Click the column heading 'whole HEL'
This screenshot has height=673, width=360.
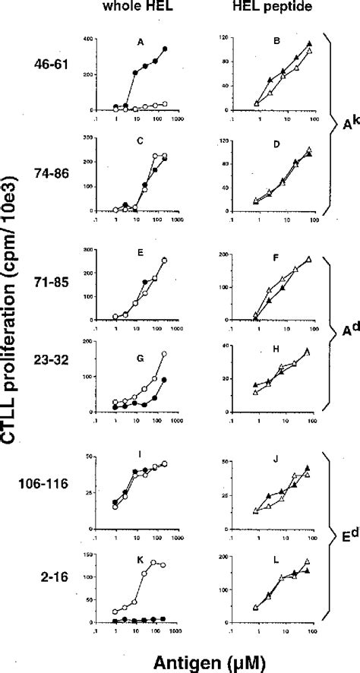pyautogui.click(x=138, y=11)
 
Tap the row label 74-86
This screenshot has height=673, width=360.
pyautogui.click(x=59, y=174)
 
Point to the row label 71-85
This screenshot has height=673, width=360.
pyautogui.click(x=59, y=289)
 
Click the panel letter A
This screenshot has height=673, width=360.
pyautogui.click(x=139, y=43)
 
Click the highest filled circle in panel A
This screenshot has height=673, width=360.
pyautogui.click(x=165, y=49)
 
